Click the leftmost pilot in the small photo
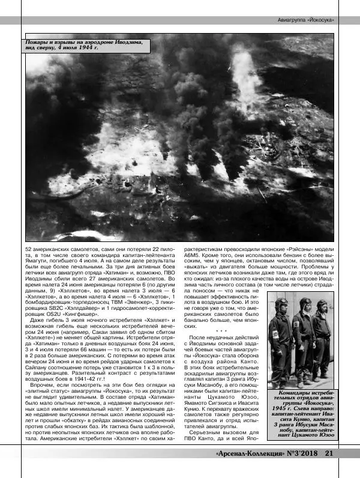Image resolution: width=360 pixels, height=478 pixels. [x=280, y=342]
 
